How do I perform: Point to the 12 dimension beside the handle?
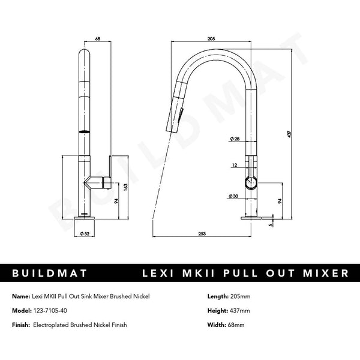pos(234,163)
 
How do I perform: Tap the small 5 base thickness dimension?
pos(271,226)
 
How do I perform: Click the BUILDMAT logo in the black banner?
pos(50,273)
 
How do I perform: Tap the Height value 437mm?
pos(239,311)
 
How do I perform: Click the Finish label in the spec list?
pos(22,325)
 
